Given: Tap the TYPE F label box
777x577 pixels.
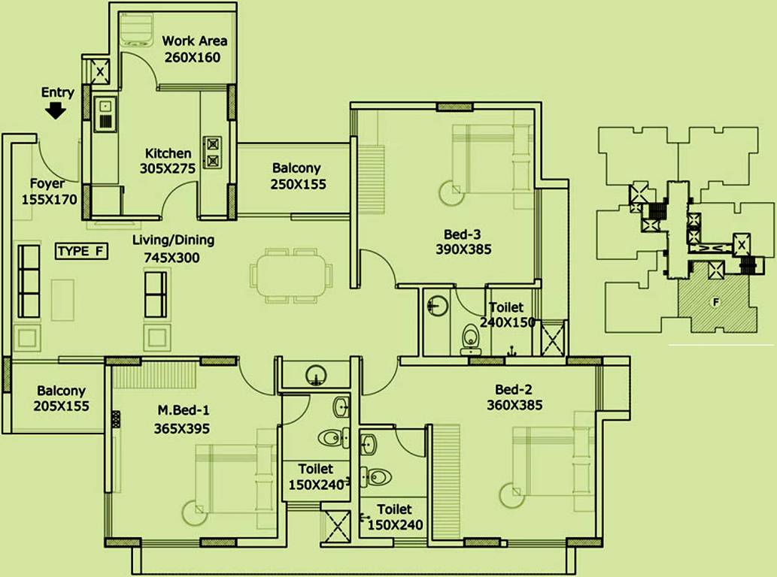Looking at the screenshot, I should click(81, 252).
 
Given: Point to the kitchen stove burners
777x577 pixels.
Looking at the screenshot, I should click(212, 151).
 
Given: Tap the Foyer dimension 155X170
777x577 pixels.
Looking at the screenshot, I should click(43, 200).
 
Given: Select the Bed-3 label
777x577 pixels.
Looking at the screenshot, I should click(463, 232).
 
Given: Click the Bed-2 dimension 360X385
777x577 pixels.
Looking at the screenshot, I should click(514, 406).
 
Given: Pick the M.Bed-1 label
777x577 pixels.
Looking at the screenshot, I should click(183, 410).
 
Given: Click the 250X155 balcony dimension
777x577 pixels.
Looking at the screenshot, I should click(299, 184).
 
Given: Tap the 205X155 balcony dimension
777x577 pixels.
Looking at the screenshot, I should click(61, 406).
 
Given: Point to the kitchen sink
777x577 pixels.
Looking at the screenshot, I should click(105, 118).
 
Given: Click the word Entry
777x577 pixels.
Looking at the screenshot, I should click(58, 92).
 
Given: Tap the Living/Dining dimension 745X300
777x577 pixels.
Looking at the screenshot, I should click(172, 257).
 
